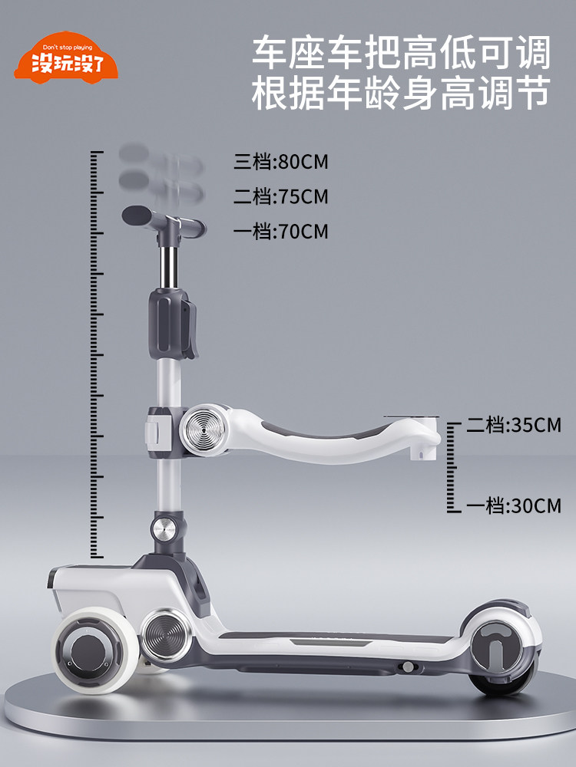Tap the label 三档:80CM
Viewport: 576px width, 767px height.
tap(280, 162)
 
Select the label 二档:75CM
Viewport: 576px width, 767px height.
tap(280, 196)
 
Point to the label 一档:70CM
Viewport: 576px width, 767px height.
tap(280, 232)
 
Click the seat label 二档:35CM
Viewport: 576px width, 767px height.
tap(513, 425)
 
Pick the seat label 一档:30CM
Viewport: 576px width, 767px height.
tap(513, 505)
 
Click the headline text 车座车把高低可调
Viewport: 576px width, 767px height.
tap(401, 52)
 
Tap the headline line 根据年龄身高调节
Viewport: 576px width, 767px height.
tap(401, 93)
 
